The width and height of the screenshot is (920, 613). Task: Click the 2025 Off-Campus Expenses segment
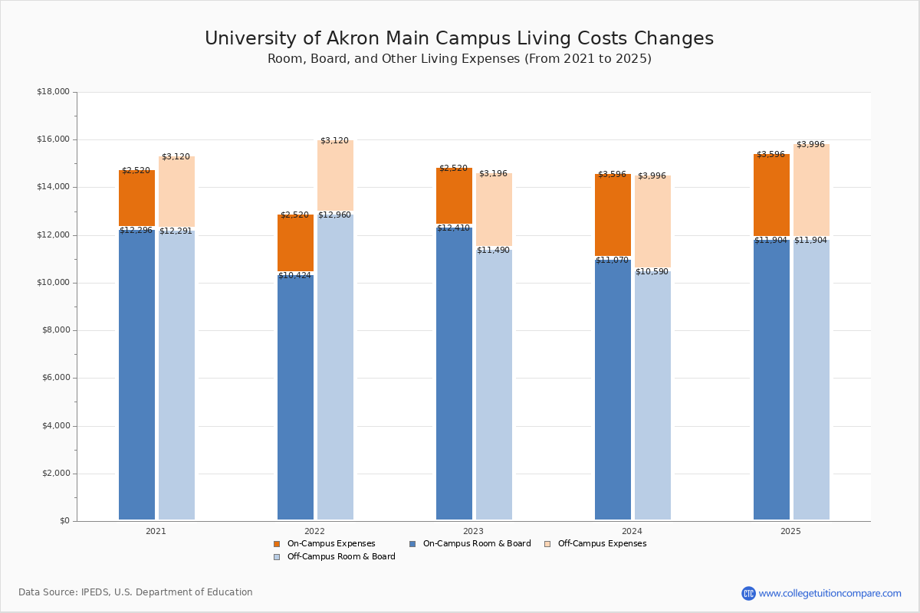(811, 190)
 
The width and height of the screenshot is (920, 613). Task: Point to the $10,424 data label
(295, 276)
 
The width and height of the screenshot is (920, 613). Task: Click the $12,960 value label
(334, 215)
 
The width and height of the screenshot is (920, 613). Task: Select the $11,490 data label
(493, 251)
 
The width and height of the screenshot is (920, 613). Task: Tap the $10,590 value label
(652, 272)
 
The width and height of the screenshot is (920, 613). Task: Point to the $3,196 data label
(493, 174)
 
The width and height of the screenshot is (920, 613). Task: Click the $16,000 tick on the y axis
(53, 139)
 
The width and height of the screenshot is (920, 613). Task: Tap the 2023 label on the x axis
(473, 531)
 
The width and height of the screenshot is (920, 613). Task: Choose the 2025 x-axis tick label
(790, 531)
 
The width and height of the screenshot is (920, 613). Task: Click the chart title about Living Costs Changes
(459, 39)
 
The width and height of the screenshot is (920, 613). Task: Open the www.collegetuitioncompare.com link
(830, 593)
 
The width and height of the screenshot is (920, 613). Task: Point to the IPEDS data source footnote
(136, 592)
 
